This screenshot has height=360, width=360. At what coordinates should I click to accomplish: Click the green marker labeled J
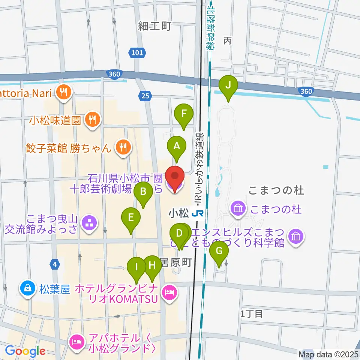[x=228, y=85]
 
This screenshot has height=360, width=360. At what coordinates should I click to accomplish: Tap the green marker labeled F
[x=184, y=114]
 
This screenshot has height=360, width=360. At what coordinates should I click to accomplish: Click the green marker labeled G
[x=219, y=252]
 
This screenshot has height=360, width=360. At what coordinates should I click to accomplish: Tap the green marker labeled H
[x=152, y=265]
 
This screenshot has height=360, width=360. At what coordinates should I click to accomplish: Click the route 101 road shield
[x=137, y=53]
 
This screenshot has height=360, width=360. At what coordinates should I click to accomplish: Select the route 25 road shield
[x=145, y=96]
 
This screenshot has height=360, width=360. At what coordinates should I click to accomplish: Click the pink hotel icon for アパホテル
[x=76, y=342]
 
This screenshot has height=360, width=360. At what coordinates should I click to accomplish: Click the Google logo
[x=25, y=351]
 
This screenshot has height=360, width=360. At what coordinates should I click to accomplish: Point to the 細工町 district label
[x=149, y=26]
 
